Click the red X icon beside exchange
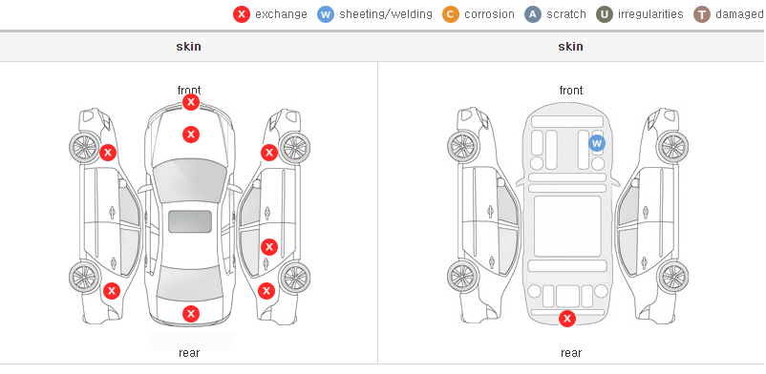(242, 14)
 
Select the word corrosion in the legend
(489, 14)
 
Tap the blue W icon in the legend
(326, 14)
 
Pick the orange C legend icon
(451, 14)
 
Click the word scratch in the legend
(565, 14)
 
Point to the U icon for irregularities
(605, 14)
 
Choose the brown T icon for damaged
(702, 14)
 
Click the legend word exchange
(281, 14)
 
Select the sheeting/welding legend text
(386, 14)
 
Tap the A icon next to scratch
(533, 14)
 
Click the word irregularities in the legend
(650, 14)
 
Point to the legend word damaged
(740, 14)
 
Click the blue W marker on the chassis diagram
(597, 143)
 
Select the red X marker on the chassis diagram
(566, 319)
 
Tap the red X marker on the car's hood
(190, 135)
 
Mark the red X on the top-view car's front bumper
(190, 102)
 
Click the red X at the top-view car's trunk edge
(190, 314)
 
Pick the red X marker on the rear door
(268, 247)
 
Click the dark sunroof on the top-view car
(190, 221)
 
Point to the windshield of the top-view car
(189, 181)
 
